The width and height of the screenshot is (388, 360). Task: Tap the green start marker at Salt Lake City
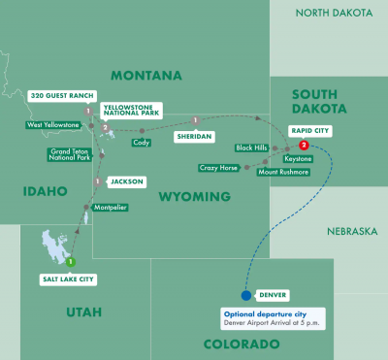tap(70, 260)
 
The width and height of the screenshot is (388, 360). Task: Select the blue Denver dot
tap(245, 295)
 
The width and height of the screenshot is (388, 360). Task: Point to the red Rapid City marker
tap(305, 146)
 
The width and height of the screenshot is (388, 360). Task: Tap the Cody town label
tap(141, 142)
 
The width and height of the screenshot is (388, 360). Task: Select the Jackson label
tap(126, 180)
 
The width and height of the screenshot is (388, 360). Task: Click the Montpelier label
tap(111, 208)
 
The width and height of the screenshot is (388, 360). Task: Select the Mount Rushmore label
tap(283, 172)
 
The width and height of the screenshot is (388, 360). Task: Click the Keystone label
tap(298, 158)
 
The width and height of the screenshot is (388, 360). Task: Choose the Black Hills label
tap(250, 147)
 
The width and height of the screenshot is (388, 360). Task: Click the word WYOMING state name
tap(196, 197)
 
